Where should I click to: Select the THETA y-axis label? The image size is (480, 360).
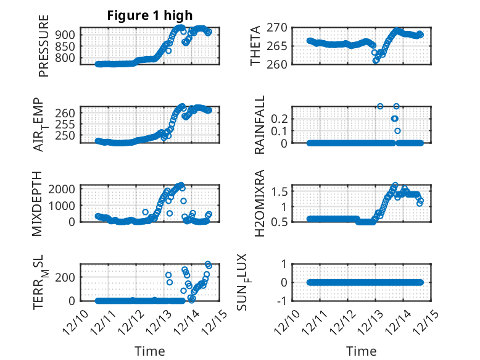coord(255,46)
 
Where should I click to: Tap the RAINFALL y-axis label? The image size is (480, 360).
coord(260,124)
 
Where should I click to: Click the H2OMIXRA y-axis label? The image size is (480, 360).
coord(260,203)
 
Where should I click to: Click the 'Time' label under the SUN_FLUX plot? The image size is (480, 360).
coord(362,351)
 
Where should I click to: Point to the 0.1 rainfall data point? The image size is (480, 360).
coord(398,131)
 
